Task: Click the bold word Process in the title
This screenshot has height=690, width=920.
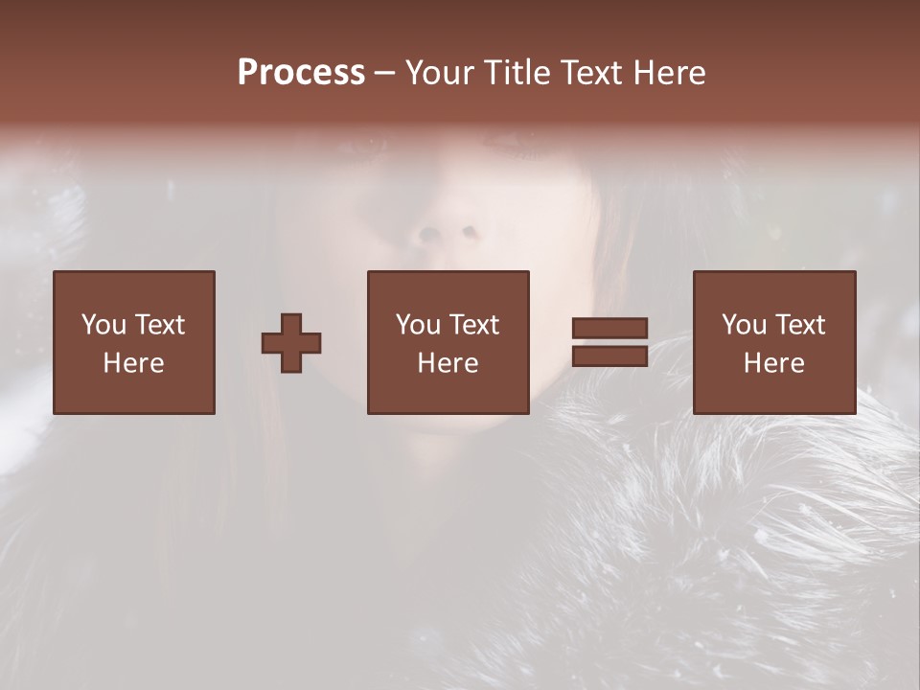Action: click(x=301, y=73)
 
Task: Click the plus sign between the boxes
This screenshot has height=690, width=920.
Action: click(x=291, y=343)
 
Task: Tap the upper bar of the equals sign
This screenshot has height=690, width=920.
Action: click(x=609, y=329)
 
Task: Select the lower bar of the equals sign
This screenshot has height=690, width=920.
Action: click(x=609, y=356)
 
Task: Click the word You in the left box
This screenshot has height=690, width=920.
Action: click(x=103, y=325)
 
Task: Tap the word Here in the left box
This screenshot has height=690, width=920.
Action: click(x=133, y=363)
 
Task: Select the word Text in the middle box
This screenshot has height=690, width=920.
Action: click(x=473, y=325)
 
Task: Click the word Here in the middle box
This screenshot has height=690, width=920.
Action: click(x=448, y=363)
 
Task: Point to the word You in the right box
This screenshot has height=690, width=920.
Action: click(x=743, y=325)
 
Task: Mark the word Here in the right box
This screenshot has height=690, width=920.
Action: click(x=773, y=363)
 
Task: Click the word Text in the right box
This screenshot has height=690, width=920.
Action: click(x=799, y=325)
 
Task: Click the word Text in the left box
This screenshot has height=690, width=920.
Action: click(x=159, y=325)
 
